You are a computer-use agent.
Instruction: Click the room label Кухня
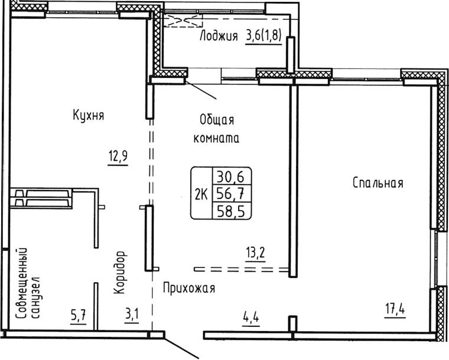(89, 115)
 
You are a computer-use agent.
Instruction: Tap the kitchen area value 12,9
(118, 156)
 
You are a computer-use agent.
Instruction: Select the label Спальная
(378, 183)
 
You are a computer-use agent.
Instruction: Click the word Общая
(217, 120)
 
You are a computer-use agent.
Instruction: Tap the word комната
(217, 139)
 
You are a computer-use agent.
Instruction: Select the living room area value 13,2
(256, 254)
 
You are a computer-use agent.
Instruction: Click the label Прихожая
(188, 289)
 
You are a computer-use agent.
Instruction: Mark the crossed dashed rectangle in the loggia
(183, 21)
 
